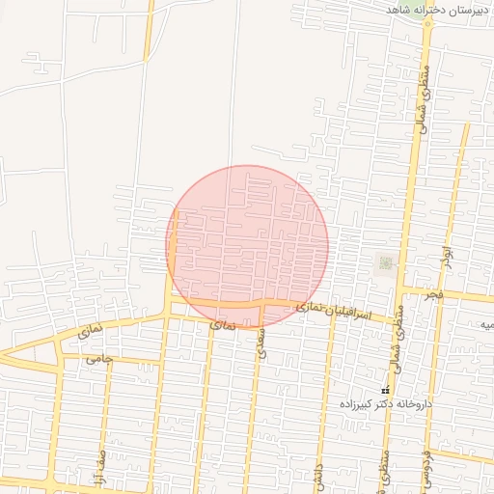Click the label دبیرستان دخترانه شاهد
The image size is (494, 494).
click(x=439, y=9)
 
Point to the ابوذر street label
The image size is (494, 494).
click(x=446, y=256)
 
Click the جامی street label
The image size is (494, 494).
click(x=99, y=359)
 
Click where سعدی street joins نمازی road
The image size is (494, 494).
click(x=261, y=307)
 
